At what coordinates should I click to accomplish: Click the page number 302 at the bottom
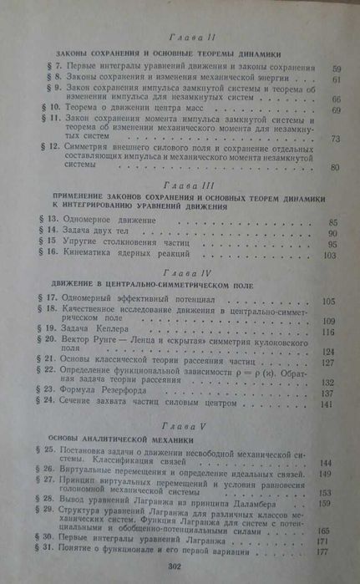[x=175, y=566]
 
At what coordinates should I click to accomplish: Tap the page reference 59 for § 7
[x=336, y=65]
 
